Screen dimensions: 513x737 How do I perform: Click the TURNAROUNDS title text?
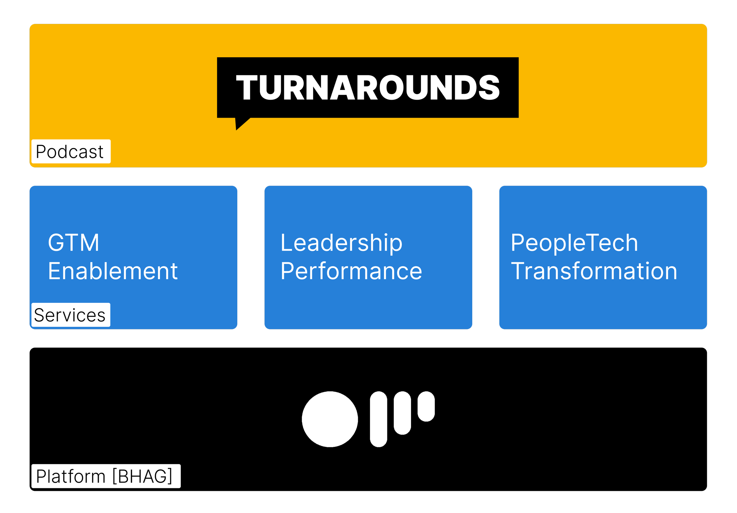(368, 87)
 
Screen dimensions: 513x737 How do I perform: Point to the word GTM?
(73, 243)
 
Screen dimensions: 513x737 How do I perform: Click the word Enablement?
(113, 271)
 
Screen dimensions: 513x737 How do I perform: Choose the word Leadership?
(341, 243)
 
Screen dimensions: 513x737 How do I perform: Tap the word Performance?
(351, 271)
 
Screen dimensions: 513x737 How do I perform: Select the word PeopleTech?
(574, 243)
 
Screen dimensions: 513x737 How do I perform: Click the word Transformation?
(594, 271)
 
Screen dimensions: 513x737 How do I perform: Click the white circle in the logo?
(330, 419)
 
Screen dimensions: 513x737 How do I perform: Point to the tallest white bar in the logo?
(379, 419)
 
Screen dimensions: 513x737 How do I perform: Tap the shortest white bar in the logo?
(426, 406)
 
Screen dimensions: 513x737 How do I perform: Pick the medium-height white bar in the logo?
(402, 413)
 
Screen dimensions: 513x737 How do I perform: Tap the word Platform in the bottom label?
(71, 476)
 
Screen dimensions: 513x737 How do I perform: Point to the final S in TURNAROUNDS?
(489, 87)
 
